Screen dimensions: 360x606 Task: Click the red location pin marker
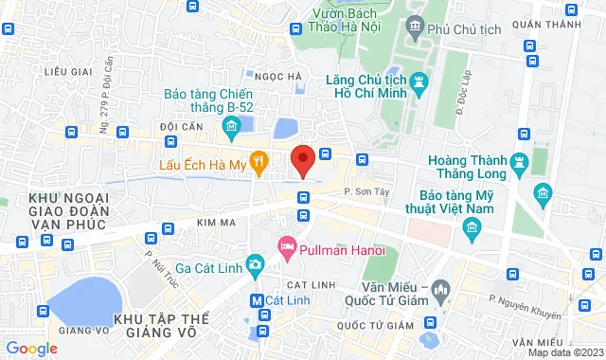302,160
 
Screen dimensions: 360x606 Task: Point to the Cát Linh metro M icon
255,300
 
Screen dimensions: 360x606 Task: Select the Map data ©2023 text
562,352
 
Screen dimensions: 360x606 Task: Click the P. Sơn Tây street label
363,191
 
